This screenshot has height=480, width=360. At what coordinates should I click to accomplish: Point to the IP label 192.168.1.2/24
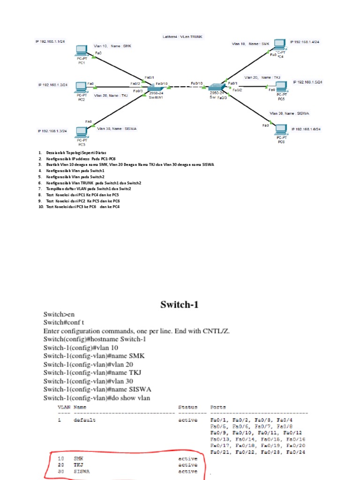click(53, 85)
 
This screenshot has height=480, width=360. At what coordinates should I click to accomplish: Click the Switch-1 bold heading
click(180, 305)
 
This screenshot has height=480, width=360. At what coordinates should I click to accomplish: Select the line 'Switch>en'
click(60, 314)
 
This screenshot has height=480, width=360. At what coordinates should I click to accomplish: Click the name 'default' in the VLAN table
click(84, 420)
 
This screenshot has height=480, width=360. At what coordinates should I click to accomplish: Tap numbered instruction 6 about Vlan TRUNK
click(94, 183)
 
